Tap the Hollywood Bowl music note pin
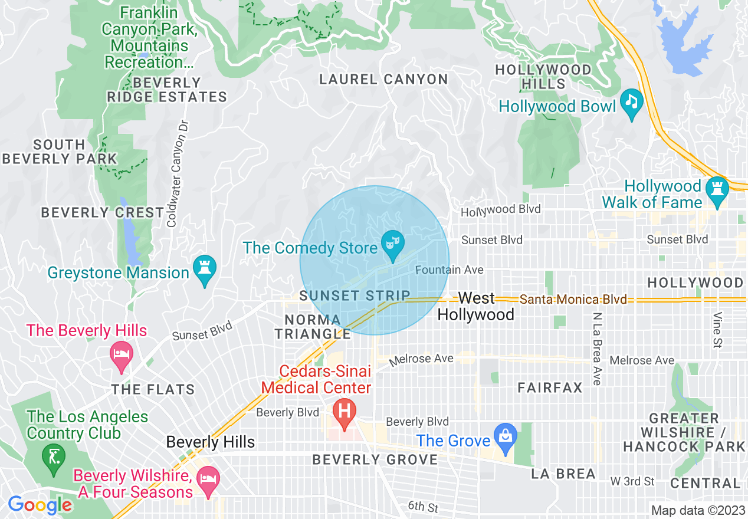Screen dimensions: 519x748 (x=632, y=102)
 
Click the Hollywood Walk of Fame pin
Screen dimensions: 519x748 (x=717, y=190)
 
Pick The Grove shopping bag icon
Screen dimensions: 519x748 (x=506, y=438)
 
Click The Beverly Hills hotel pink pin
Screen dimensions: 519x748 (x=122, y=354)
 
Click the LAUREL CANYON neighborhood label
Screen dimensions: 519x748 (x=383, y=79)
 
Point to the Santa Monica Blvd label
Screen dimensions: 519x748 (x=573, y=300)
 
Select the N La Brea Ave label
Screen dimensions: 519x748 (x=597, y=349)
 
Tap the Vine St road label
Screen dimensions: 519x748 (x=717, y=330)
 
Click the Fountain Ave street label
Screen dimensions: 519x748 (x=449, y=270)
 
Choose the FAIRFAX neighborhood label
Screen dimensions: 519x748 (x=550, y=387)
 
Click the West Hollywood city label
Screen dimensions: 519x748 (x=476, y=306)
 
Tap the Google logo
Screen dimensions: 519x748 (x=40, y=505)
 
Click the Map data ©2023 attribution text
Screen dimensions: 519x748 (x=697, y=510)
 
